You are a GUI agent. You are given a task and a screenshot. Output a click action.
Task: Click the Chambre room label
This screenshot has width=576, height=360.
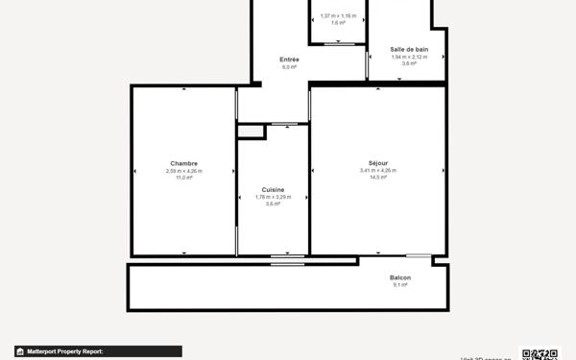click(183, 163)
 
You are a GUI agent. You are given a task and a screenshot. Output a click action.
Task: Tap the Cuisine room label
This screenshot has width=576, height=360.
click(273, 189)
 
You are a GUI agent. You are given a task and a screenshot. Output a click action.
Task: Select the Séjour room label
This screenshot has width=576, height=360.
click(377, 163)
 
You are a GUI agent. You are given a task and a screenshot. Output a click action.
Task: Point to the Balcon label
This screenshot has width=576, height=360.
click(401, 277)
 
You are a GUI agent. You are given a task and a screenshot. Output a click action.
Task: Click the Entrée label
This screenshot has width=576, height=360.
click(289, 60)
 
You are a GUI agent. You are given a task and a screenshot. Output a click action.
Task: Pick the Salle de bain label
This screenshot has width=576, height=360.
click(409, 49)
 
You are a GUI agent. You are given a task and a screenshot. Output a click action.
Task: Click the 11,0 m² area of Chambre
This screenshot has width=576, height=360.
click(183, 178)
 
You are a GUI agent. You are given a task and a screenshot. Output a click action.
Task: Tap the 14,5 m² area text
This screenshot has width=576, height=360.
click(377, 178)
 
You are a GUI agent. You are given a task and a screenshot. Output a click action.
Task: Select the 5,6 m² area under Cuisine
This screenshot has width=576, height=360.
click(273, 204)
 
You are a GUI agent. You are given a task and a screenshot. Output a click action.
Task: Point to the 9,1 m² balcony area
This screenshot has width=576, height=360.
click(401, 285)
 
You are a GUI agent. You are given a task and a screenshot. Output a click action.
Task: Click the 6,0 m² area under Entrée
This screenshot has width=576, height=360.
click(289, 67)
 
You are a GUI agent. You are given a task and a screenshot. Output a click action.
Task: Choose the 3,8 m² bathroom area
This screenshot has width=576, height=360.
click(409, 63)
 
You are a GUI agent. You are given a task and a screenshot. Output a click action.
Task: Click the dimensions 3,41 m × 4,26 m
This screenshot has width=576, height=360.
click(377, 171)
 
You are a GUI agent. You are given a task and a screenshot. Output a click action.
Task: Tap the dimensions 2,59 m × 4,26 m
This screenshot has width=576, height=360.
click(183, 171)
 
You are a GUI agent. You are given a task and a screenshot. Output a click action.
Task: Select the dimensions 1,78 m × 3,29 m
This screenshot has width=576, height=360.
click(273, 197)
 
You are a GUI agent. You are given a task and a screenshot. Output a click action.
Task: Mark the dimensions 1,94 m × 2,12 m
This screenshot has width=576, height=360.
click(409, 57)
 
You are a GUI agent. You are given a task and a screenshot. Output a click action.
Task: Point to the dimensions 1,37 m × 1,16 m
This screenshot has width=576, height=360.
click(338, 15)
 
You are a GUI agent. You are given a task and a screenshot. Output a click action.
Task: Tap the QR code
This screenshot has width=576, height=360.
click(540, 353)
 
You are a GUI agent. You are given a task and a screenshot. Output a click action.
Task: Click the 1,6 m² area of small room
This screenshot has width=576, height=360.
click(338, 22)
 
